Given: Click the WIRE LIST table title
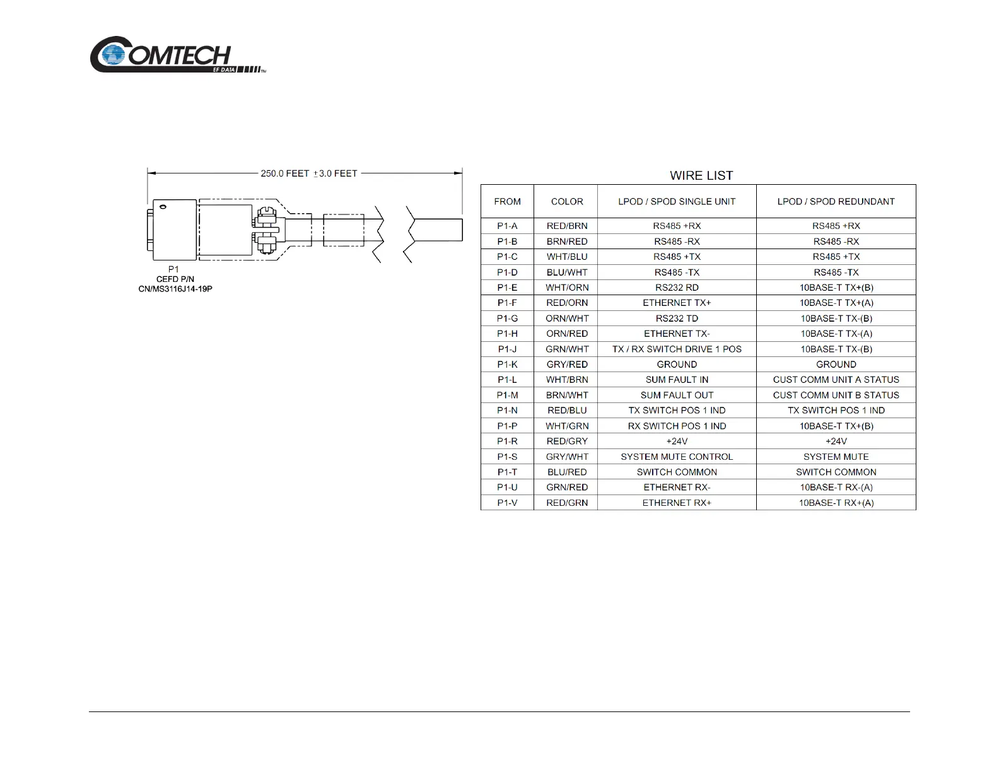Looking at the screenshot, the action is coord(701,175).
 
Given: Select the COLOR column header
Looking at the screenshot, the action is coord(567,202).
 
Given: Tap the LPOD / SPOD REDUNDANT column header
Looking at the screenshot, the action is coord(836,202).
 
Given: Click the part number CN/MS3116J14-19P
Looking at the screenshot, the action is coord(175,289).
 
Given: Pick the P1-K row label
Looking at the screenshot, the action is coord(507,365).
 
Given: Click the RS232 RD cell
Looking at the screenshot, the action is coord(677,288).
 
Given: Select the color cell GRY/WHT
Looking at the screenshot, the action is coord(567,457).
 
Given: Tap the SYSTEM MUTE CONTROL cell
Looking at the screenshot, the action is coord(677,457).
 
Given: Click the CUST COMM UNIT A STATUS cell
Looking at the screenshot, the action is coord(836,380).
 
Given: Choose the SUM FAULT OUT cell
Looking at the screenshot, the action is coord(677,395).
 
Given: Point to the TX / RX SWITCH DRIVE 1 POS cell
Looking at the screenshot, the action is coord(677,349).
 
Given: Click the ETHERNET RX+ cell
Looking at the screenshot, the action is coord(677,503).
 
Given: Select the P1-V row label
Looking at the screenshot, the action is coord(507,503).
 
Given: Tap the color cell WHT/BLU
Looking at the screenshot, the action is coord(567,257).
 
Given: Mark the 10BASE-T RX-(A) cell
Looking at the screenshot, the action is coord(836,488).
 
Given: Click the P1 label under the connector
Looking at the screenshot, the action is coord(173,269).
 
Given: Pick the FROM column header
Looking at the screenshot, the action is coord(507,202).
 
